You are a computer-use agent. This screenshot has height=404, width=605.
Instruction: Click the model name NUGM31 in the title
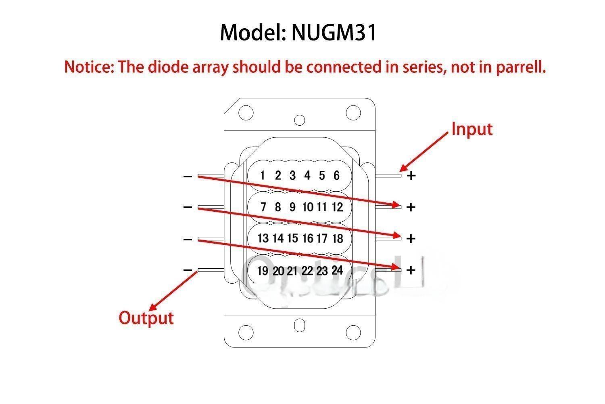334,32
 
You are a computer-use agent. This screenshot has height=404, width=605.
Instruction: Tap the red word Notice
89,67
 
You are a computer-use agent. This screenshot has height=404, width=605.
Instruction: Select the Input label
472,129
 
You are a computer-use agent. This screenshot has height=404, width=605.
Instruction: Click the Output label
146,318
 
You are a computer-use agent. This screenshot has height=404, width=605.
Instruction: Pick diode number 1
263,175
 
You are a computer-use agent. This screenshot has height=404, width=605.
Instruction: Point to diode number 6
336,175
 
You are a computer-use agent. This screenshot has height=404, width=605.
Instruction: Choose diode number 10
307,207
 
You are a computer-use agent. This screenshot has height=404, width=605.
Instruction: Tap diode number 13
263,238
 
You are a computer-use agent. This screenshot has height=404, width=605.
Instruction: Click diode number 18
337,238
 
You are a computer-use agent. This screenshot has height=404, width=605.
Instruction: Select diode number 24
337,270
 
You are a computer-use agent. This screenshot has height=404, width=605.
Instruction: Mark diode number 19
263,270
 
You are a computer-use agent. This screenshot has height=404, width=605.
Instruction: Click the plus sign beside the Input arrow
411,176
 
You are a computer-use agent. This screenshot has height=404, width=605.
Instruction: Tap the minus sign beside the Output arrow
188,270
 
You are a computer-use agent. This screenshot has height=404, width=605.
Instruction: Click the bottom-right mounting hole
353,332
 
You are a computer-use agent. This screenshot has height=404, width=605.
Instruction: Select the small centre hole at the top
300,120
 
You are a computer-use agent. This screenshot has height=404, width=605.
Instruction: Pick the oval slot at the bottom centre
300,325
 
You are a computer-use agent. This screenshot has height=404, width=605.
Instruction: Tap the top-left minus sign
188,176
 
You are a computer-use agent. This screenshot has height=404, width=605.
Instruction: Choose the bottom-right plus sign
411,270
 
